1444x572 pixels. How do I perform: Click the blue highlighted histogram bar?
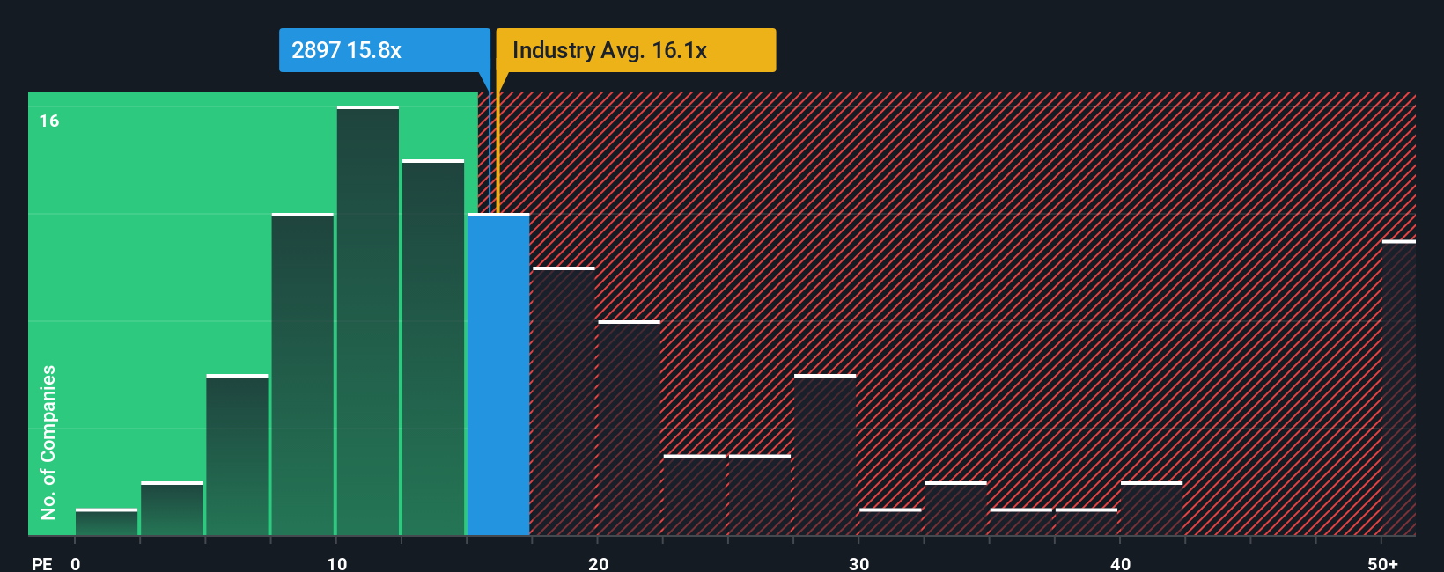498,375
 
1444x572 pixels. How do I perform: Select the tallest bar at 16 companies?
368,321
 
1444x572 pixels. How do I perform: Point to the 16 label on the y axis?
49,121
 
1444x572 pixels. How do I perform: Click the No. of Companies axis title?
48,442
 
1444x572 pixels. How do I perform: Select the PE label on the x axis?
41,563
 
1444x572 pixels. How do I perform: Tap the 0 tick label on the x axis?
76,563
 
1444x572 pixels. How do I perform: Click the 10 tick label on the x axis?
337,563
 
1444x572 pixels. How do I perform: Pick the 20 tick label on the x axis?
598,563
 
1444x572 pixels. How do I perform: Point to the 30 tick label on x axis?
858,563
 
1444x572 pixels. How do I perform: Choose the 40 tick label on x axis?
1120,563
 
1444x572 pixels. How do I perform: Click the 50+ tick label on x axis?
1382,563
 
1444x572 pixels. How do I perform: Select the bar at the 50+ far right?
1398,388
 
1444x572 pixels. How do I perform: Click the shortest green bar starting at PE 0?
107,523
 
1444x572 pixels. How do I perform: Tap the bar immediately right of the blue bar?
564,401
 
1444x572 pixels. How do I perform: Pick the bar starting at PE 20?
629,429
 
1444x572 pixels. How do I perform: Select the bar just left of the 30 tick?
825,455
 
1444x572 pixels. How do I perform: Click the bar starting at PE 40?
1152,509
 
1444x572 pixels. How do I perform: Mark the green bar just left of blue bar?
433,348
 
